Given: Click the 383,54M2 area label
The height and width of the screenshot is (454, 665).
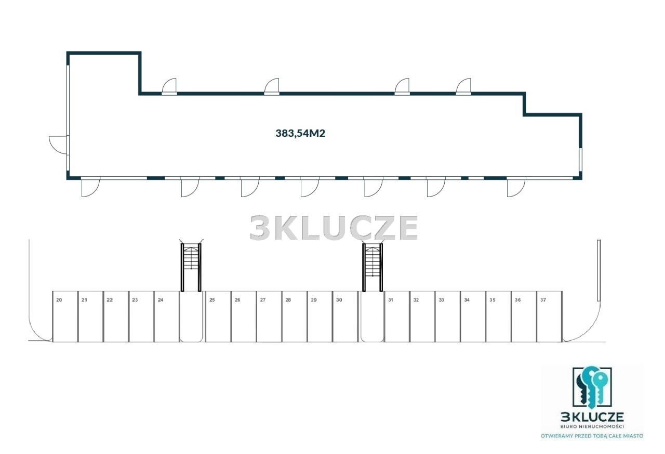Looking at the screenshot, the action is coord(300,133).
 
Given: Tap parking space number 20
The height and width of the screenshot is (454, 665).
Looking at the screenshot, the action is coord(65,316).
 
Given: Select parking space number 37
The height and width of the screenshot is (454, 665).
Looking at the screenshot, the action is coord(549,316).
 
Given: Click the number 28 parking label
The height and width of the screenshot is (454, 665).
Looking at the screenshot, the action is coord(288,300).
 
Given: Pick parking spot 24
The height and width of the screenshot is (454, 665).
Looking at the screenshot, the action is coord(167,316).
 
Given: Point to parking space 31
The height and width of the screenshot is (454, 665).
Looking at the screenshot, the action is coord(397,316).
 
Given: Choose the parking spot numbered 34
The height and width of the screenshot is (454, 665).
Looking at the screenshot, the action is coord(473,316).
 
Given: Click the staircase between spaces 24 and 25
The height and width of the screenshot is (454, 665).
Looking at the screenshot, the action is coord(191,267).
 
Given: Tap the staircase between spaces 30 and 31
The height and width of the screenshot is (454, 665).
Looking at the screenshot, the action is coord(373,267).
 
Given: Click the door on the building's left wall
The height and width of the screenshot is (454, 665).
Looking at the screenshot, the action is coord(59,145).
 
